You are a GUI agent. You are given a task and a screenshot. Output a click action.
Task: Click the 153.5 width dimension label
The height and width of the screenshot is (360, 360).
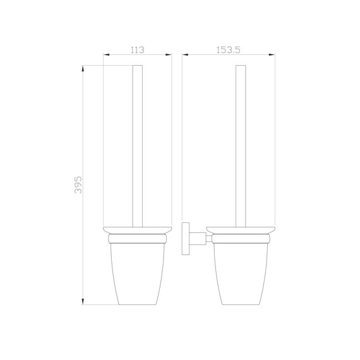[229, 49]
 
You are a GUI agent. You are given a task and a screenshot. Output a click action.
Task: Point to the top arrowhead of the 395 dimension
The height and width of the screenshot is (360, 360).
[84, 68]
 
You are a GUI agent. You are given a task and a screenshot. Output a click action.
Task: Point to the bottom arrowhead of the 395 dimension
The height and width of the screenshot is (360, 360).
[84, 301]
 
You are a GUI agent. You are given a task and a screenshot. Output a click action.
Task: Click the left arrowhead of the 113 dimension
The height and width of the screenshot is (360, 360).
[106, 56]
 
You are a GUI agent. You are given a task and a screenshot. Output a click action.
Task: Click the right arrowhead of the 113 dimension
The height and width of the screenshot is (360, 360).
[169, 56]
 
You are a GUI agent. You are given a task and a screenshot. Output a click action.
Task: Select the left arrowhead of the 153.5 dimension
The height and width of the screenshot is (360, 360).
[185, 56]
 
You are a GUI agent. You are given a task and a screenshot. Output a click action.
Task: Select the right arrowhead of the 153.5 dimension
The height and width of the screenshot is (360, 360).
[272, 56]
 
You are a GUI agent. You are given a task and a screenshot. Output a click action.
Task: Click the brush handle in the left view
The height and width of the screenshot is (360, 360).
[137, 145]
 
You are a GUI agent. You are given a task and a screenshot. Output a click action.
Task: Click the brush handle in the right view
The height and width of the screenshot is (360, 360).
[241, 145]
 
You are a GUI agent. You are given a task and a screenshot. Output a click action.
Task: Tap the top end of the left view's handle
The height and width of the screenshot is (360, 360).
[137, 66]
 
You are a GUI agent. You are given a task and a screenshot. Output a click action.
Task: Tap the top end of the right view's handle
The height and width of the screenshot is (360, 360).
[241, 66]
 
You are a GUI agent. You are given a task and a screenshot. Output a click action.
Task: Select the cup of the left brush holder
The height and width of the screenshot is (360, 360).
[137, 272]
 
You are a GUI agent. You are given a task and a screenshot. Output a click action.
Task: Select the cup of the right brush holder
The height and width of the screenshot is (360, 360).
[241, 272]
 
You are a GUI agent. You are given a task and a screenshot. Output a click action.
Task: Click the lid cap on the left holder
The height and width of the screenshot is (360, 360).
[137, 229]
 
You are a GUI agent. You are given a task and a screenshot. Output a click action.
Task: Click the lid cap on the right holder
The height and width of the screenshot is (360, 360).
[241, 229]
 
